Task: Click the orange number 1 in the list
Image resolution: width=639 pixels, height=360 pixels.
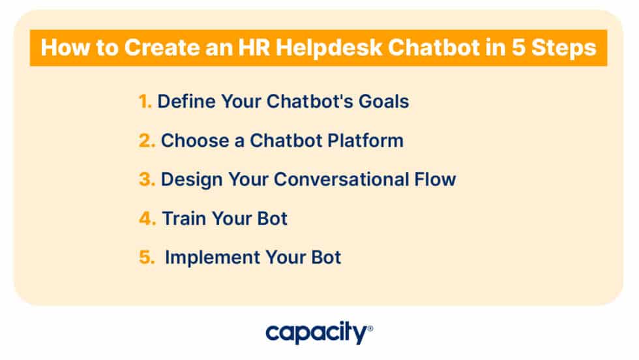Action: pyautogui.click(x=145, y=102)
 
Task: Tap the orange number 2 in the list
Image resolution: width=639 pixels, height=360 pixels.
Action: pyautogui.click(x=146, y=140)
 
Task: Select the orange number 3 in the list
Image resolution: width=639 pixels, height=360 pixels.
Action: pyautogui.click(x=146, y=179)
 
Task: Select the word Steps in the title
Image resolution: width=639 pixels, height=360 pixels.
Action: pyautogui.click(x=567, y=48)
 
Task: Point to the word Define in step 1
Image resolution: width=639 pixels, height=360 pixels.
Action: pyautogui.click(x=186, y=102)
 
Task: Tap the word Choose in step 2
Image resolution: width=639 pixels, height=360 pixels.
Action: pyautogui.click(x=190, y=140)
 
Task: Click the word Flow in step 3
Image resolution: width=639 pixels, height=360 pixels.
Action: pyautogui.click(x=436, y=179)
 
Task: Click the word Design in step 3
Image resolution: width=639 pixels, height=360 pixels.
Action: pyautogui.click(x=190, y=179)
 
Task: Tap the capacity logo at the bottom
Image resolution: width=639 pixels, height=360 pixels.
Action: pyautogui.click(x=316, y=333)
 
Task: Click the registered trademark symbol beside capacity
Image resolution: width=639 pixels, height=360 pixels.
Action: pyautogui.click(x=370, y=329)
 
